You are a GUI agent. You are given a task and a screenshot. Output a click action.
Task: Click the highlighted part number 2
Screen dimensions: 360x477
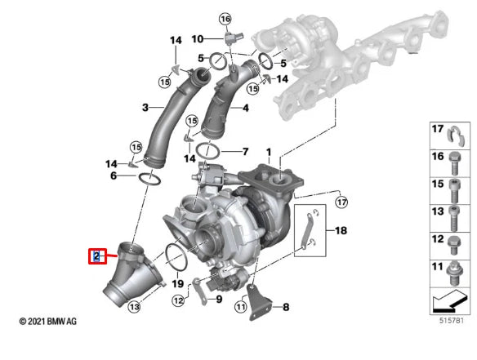pyautogui.click(x=96, y=257)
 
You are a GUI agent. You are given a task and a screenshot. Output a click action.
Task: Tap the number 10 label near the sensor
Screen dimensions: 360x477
pyautogui.click(x=198, y=38)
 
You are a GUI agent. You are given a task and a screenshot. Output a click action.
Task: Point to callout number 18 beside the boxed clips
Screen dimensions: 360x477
pyautogui.click(x=340, y=231)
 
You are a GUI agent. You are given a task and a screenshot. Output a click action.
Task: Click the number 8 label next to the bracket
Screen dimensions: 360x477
pyautogui.click(x=285, y=308)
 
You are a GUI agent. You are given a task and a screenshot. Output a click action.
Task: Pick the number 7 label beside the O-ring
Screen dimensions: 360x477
pyautogui.click(x=244, y=152)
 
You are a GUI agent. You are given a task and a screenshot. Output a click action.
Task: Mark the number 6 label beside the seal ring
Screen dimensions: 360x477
pyautogui.click(x=114, y=176)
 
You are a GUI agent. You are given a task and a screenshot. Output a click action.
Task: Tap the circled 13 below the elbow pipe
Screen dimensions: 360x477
pyautogui.click(x=134, y=307)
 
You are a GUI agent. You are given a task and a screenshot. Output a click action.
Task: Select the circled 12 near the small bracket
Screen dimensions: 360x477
pyautogui.click(x=179, y=301)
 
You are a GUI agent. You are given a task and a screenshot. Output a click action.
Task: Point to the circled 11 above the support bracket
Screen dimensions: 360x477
pyautogui.click(x=240, y=307)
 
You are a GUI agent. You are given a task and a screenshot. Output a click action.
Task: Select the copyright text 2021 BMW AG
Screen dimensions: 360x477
pyautogui.click(x=48, y=322)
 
